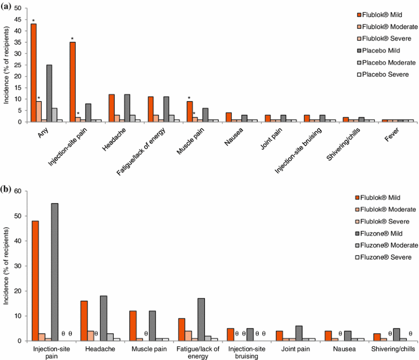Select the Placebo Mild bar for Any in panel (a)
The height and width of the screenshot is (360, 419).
[x=49, y=93]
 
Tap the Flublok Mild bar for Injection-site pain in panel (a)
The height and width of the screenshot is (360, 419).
[x=73, y=82]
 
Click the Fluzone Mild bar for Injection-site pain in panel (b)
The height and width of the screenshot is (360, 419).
[x=55, y=272]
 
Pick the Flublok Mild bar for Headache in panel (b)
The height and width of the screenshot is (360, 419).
[x=84, y=321]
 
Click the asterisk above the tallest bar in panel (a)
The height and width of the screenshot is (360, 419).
[x=34, y=21]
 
